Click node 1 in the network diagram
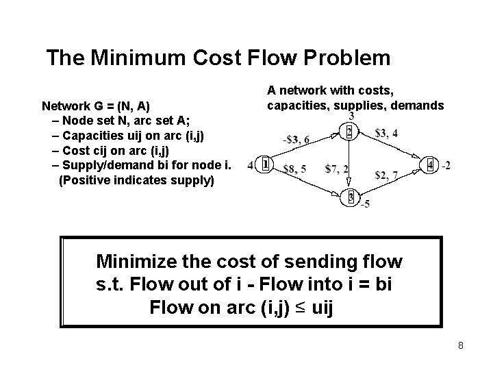266,164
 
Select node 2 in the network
350,131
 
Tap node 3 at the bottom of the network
350,198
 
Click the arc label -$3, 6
296,140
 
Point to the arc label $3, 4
387,133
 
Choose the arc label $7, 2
337,169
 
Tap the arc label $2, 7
386,176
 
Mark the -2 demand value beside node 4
446,165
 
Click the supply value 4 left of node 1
251,165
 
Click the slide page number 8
461,345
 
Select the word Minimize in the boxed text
139,261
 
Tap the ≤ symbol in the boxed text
299,308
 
